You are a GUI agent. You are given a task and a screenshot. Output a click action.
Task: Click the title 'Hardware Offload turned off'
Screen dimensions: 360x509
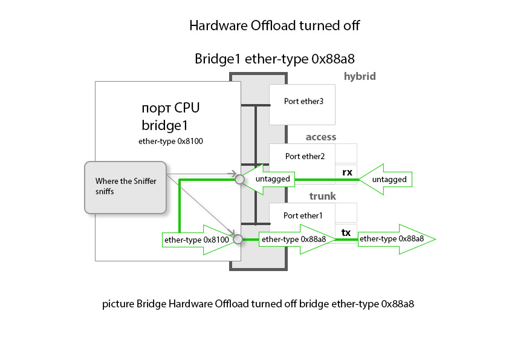[274, 25]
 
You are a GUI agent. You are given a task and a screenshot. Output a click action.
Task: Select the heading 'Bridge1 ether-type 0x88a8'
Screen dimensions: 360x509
[274, 59]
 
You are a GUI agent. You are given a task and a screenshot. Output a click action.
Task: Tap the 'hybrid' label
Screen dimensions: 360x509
[360, 76]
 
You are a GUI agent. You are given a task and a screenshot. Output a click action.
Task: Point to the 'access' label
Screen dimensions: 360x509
[320, 137]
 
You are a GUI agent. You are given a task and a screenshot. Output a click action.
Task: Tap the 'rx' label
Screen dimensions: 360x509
[347, 172]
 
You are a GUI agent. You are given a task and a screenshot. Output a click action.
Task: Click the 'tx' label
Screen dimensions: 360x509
[346, 232]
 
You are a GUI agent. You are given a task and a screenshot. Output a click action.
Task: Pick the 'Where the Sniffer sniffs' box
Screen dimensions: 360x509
[125, 187]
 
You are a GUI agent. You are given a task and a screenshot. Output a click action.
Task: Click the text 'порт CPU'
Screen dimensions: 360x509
[170, 109]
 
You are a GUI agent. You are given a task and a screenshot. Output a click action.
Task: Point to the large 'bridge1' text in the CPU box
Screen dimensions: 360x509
[165, 126]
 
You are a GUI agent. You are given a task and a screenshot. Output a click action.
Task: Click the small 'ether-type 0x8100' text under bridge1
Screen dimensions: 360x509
[170, 142]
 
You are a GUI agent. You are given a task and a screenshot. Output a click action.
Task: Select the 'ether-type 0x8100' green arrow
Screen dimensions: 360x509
[196, 240]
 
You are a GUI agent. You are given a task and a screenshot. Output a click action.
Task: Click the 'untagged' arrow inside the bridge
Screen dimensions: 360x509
[271, 179]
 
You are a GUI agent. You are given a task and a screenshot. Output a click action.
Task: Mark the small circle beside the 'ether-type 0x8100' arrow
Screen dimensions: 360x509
[238, 240]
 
